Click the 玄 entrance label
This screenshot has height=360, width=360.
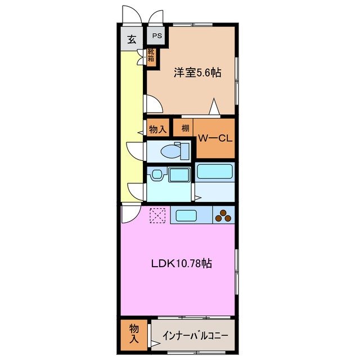click(131, 39)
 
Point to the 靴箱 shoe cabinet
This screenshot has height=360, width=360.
click(151, 56)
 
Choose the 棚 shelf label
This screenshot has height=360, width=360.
click(185, 128)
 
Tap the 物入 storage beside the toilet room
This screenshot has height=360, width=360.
click(157, 129)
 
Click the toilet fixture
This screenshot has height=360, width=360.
click(174, 151)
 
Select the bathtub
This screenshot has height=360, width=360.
click(214, 172)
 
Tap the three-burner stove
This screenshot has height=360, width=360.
click(223, 215)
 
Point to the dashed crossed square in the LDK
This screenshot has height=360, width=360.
click(157, 215)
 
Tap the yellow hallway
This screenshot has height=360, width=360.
click(131, 124)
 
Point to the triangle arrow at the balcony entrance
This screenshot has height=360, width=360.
click(154, 343)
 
